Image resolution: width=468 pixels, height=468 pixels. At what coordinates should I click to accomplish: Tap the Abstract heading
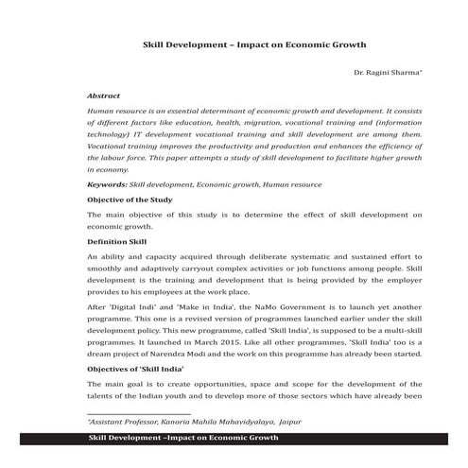point(103,96)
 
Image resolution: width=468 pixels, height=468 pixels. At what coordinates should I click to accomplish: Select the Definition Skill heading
point(116,242)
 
